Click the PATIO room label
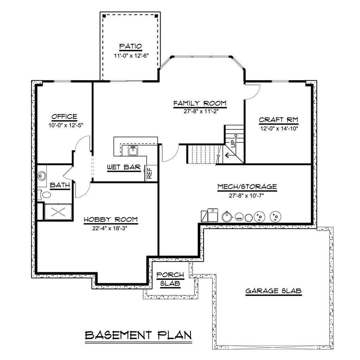[x=130, y=46]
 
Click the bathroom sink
[x=42, y=176]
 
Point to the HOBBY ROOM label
[x=110, y=220]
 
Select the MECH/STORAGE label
[x=247, y=187]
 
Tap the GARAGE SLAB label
[x=274, y=291]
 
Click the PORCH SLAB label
[x=168, y=279]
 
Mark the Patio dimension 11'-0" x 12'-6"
[x=130, y=56]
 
